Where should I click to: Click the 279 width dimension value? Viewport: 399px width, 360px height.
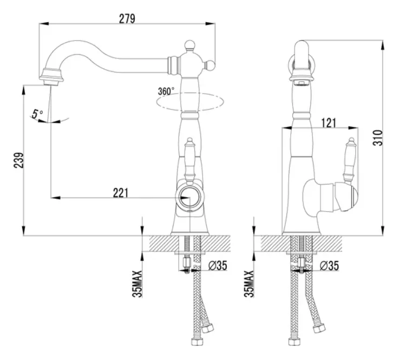tap(127, 19)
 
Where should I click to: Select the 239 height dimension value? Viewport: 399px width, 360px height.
tap(18, 160)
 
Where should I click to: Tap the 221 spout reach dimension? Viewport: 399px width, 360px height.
tap(121, 193)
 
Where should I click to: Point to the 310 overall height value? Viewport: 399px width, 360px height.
tap(378, 138)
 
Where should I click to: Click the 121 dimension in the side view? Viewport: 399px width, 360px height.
tap(329, 123)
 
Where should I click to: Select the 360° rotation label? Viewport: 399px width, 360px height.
tap(166, 91)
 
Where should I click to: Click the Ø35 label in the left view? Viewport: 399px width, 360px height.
tap(218, 266)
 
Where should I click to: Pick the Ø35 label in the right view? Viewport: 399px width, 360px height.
tap(330, 266)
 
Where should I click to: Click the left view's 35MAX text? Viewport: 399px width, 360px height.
tap(137, 284)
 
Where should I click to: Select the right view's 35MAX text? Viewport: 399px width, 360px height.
tap(249, 284)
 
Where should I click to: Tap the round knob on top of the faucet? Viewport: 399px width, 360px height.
tap(189, 45)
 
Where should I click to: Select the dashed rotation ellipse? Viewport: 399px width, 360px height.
tap(190, 102)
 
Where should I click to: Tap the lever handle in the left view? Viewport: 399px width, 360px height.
tap(189, 160)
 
